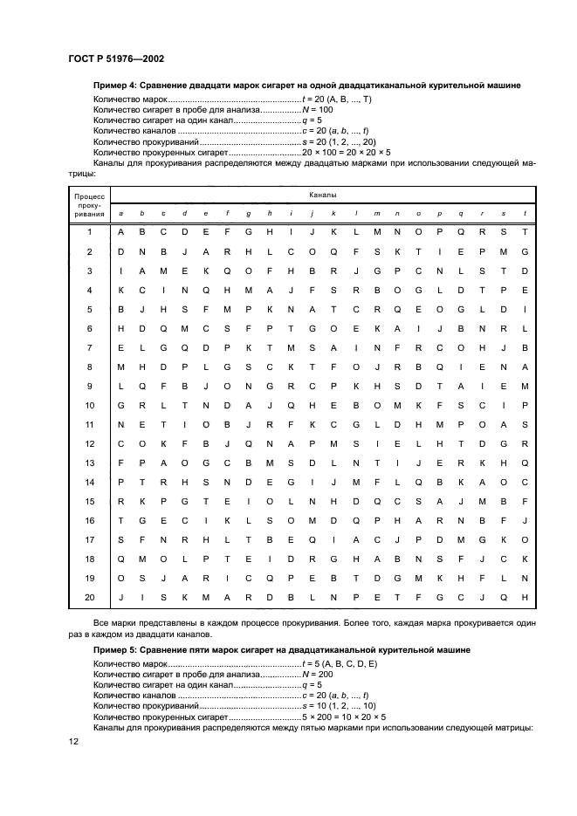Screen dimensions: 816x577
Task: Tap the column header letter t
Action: [x=525, y=213]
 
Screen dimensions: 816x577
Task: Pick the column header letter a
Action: [x=120, y=213]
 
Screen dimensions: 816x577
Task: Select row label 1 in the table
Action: [x=89, y=232]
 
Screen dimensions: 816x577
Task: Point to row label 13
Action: [x=89, y=462]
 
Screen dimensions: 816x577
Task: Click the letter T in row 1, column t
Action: [x=525, y=232]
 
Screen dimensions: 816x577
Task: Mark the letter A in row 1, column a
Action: [x=120, y=232]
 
